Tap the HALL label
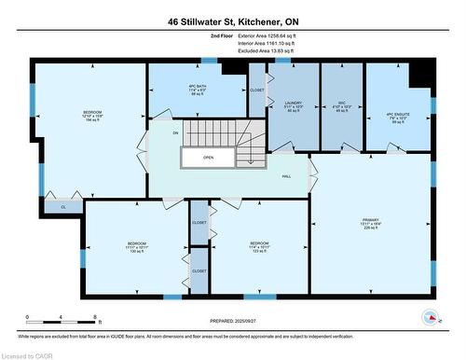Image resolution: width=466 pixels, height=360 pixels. click(287, 174)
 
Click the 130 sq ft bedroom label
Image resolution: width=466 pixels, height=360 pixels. click(137, 247)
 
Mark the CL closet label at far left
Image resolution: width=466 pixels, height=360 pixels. click(63, 206)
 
